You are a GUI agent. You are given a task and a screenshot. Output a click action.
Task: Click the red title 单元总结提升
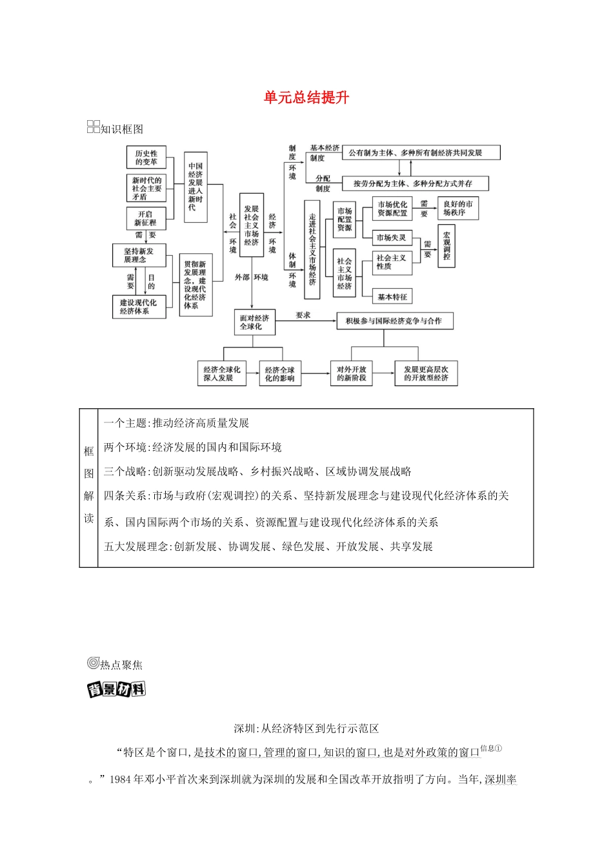306,98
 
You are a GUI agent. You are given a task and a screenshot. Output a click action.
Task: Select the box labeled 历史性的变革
146,158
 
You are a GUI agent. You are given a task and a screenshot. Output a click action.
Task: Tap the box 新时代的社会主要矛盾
146,188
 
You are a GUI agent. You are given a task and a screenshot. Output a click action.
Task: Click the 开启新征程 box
146,218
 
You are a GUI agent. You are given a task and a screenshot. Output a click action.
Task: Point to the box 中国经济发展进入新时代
196,187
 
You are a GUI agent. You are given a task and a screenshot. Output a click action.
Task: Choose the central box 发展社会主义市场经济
252,225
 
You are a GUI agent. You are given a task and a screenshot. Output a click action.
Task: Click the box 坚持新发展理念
139,255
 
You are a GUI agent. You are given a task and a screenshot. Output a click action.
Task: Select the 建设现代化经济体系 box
138,306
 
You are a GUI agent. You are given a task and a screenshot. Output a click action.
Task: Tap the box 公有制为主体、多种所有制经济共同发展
421,153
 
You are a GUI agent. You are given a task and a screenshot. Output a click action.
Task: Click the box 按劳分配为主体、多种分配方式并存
416,183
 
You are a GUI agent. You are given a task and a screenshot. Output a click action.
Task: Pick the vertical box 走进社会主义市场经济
312,249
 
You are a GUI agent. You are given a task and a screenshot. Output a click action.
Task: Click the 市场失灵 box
392,238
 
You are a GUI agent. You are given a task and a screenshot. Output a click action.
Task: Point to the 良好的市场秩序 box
458,208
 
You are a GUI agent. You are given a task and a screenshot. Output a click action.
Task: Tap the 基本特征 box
392,296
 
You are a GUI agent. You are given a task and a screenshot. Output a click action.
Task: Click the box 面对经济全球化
254,322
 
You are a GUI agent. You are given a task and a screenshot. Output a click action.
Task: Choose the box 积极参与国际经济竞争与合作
394,321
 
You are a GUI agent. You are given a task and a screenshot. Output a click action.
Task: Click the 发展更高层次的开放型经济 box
426,373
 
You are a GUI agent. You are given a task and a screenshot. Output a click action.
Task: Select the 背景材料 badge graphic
116,690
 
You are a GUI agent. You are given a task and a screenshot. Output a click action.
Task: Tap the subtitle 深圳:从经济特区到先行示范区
306,728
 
